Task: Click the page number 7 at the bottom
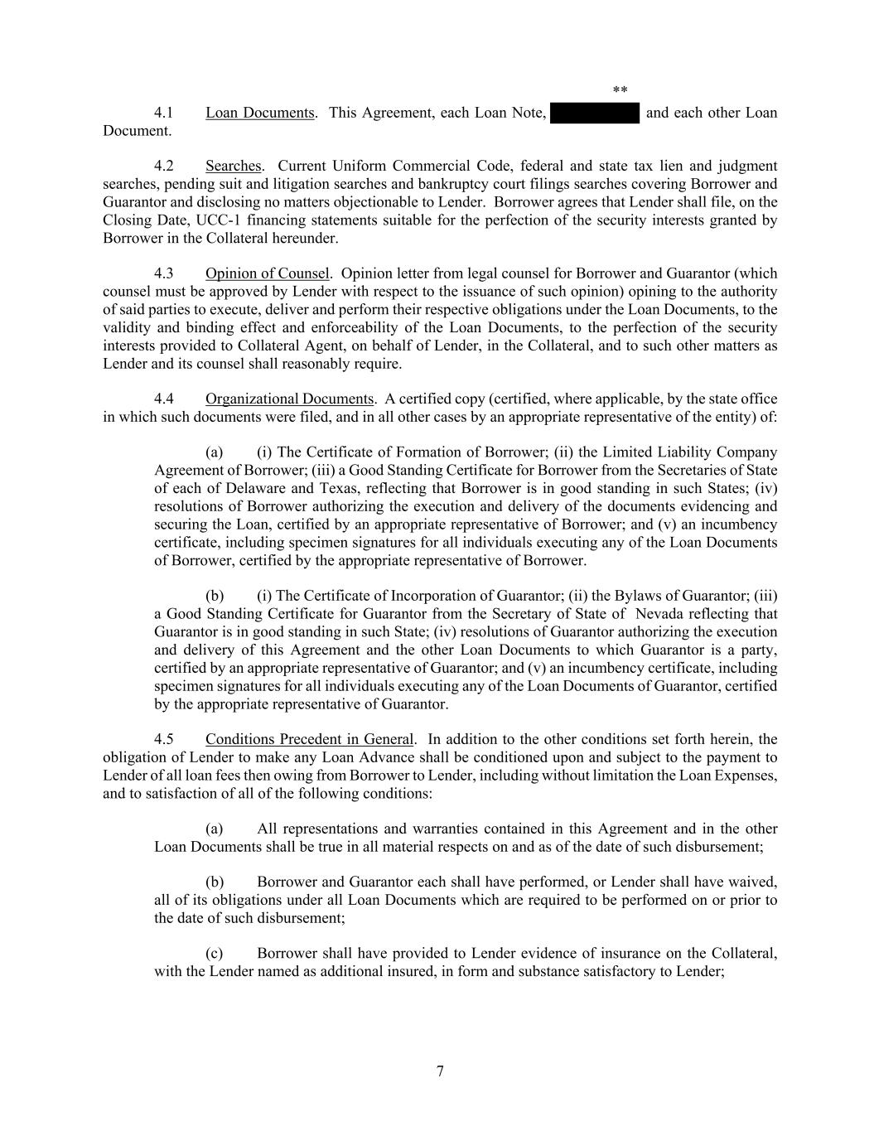click(440, 1071)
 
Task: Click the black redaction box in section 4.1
click(594, 113)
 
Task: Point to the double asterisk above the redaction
click(620, 90)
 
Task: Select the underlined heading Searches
click(233, 166)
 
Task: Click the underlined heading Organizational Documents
click(289, 399)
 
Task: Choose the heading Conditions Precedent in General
click(309, 739)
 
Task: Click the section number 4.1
click(163, 113)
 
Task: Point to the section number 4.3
click(163, 273)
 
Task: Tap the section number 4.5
click(163, 739)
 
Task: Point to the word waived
click(751, 882)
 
